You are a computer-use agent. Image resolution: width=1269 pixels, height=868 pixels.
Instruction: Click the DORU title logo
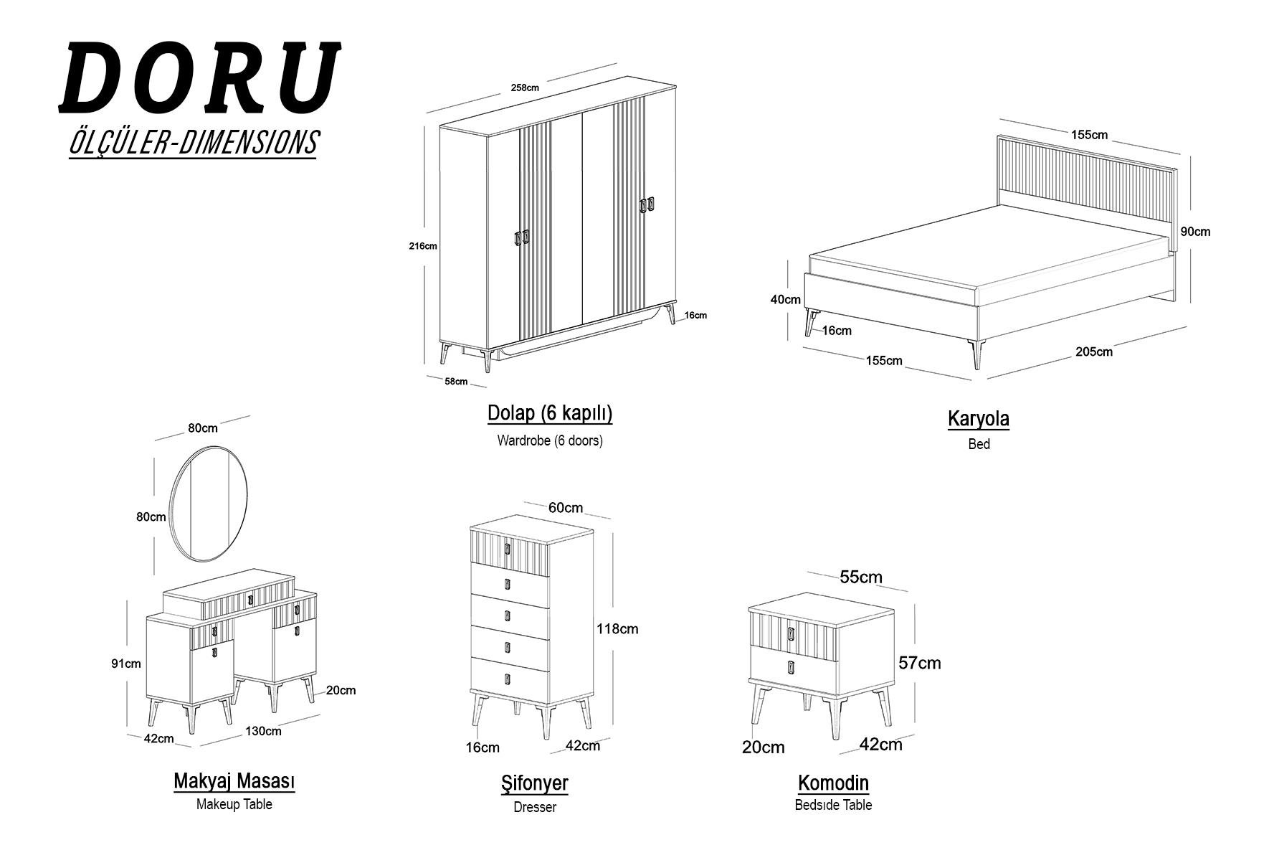(199, 77)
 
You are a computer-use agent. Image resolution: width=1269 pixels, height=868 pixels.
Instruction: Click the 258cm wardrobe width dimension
(525, 88)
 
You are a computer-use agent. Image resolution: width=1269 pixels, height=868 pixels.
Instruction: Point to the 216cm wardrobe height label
(423, 246)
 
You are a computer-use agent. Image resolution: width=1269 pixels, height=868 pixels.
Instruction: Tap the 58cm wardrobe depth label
(456, 382)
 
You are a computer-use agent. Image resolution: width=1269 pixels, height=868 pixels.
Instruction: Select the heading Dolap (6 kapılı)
(550, 414)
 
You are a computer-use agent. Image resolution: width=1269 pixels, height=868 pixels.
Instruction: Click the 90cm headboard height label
(1195, 232)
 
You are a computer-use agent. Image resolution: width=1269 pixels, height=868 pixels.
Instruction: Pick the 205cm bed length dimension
(1094, 352)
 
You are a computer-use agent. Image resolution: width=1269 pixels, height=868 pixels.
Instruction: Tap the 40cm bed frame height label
(786, 300)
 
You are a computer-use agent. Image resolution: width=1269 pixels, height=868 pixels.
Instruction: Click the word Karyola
(979, 419)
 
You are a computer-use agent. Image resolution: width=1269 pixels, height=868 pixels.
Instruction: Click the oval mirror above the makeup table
(171, 502)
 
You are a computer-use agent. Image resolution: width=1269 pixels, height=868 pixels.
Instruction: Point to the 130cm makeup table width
(263, 731)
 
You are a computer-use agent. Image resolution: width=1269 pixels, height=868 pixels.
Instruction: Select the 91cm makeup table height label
(125, 664)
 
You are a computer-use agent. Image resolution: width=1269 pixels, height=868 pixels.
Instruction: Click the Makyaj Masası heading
(234, 780)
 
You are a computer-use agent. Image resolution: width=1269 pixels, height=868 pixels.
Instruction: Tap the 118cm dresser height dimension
(617, 629)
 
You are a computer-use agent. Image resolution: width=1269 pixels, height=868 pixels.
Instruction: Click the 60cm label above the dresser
(566, 508)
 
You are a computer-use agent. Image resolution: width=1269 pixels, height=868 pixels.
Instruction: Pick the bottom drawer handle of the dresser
(507, 679)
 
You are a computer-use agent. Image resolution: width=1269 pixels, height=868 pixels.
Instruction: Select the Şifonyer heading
(535, 783)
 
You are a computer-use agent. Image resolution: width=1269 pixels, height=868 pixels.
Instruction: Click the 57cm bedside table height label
(920, 663)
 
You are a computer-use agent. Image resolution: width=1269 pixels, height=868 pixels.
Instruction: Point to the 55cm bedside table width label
(861, 577)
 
